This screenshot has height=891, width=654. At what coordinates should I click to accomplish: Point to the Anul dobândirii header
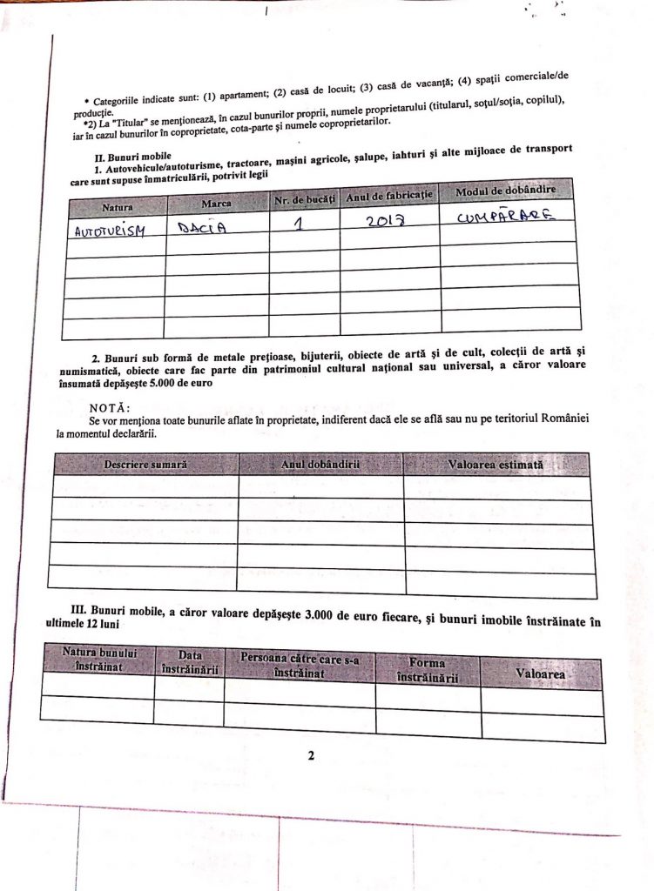click(320, 465)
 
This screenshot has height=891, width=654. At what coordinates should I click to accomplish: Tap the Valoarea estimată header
click(496, 466)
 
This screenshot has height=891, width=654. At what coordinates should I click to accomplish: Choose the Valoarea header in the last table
click(541, 673)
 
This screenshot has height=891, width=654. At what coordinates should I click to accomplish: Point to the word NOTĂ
click(111, 407)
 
